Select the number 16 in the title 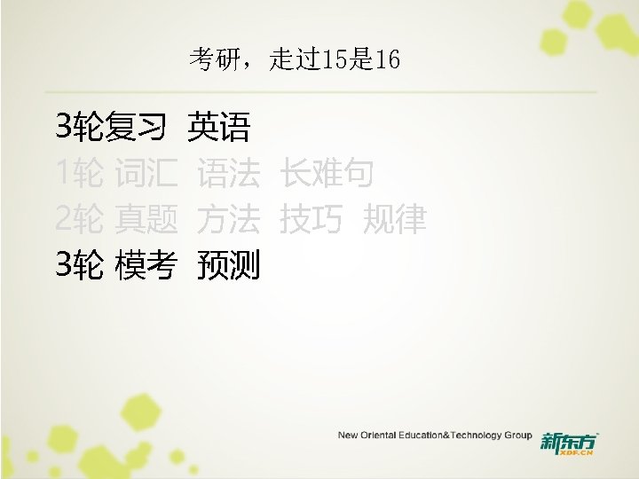click(387, 60)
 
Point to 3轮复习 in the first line click(110, 130)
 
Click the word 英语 click(218, 130)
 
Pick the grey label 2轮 click(79, 219)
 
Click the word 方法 click(229, 219)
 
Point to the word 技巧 click(310, 219)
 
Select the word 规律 click(395, 219)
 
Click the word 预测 click(229, 263)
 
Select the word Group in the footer click(517, 436)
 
